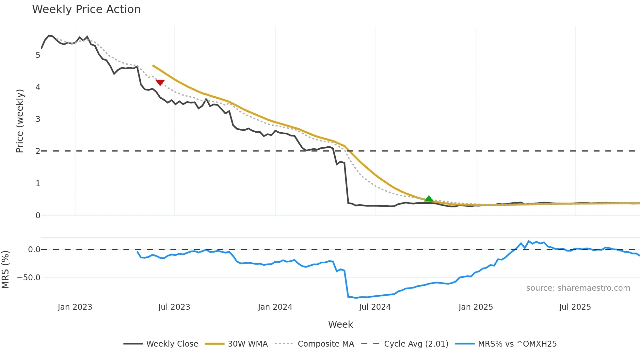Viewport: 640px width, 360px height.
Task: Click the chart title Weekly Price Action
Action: pos(86,9)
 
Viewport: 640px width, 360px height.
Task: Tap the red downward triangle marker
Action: pos(160,82)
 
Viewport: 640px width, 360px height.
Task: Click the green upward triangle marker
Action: pos(429,199)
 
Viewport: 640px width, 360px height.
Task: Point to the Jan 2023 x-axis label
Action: pos(75,307)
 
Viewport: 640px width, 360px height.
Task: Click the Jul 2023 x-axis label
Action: pos(174,307)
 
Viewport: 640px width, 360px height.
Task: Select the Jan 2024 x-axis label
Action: pos(275,307)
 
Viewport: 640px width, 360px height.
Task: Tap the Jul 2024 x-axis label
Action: pos(375,307)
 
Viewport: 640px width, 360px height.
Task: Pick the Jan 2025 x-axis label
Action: pos(475,307)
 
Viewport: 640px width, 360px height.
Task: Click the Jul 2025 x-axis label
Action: pos(575,307)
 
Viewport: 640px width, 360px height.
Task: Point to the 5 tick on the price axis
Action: pos(38,55)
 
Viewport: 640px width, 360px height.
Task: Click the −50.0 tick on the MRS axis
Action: pos(29,278)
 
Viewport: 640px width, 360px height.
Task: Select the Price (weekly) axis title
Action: pos(20,121)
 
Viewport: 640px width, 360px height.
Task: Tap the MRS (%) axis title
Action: pos(5,270)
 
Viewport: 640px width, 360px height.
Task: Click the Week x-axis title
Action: pos(340,324)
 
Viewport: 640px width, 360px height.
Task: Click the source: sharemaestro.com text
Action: pos(578,288)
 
